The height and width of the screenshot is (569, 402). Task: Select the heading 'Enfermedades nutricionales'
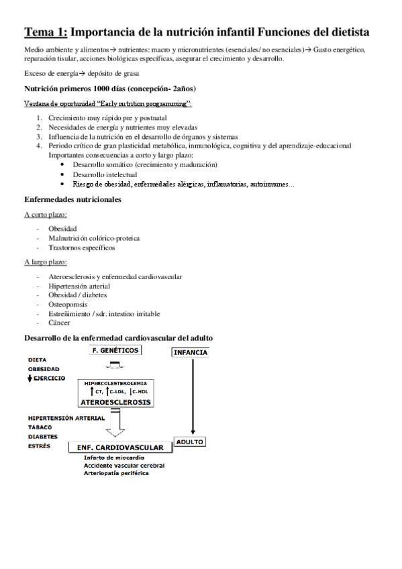(72, 200)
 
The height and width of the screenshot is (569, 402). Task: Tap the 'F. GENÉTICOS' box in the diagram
(115, 350)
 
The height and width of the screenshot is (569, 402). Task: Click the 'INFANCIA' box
(191, 352)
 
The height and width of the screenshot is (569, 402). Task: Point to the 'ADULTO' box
(190, 442)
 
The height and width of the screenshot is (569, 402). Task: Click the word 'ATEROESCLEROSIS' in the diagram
(115, 402)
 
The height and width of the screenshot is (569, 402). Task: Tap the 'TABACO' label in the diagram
(41, 427)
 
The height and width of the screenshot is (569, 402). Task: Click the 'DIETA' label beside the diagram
(38, 359)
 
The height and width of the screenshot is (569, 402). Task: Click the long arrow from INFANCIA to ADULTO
(193, 396)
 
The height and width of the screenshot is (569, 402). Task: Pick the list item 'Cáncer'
(60, 323)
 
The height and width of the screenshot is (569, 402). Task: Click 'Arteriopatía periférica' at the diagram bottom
(116, 472)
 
